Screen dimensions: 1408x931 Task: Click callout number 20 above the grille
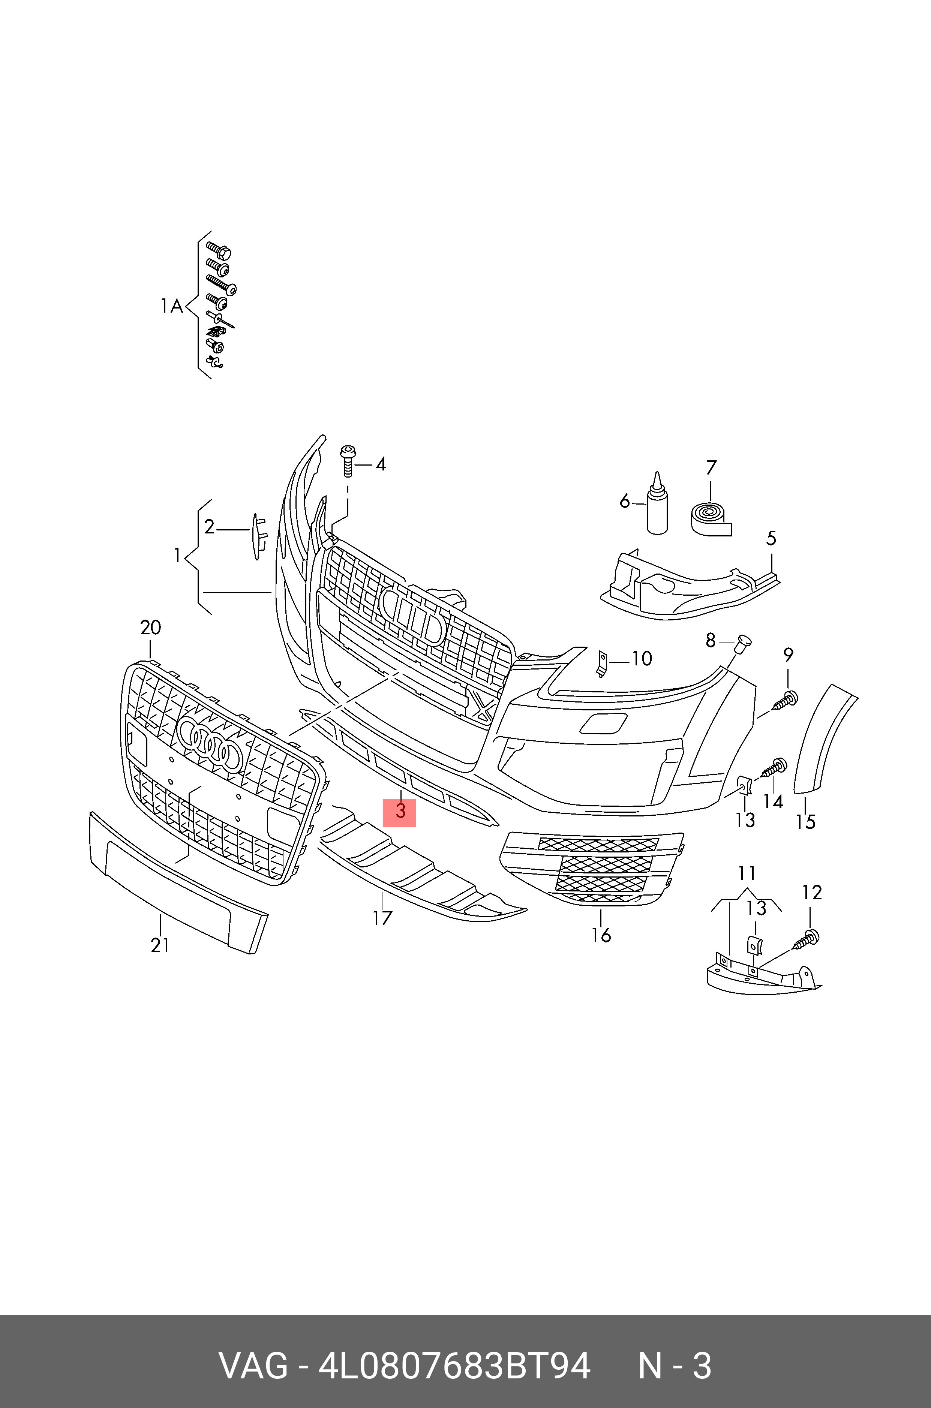click(150, 628)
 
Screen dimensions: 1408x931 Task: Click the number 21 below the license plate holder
click(160, 945)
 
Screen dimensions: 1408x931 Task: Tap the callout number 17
click(382, 918)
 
